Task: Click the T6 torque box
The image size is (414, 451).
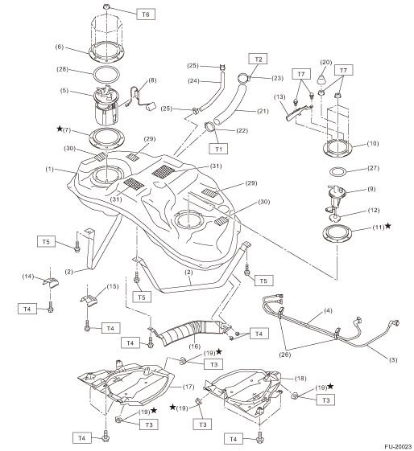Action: pos(146,14)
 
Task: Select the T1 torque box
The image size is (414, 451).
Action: pos(218,149)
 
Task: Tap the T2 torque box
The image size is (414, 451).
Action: pos(259,59)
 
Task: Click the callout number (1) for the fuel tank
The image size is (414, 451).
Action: pos(49,170)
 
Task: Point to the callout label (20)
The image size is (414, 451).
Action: pos(326,63)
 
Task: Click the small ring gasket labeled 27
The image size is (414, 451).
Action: pos(337,172)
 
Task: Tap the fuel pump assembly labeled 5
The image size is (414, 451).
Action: pos(106,105)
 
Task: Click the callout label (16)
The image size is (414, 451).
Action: pos(194,346)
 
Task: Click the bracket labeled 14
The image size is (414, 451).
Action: pos(51,282)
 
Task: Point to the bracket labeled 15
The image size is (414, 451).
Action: pos(89,300)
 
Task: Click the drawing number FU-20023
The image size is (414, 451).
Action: pos(398,446)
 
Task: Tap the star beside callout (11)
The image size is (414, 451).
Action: pos(387,226)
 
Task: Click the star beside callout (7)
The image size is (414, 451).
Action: pos(60,129)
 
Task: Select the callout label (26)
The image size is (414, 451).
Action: pos(285,355)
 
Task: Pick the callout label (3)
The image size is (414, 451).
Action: pos(393,359)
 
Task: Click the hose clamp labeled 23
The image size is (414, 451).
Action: pos(244,78)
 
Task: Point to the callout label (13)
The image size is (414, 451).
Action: pos(279,96)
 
